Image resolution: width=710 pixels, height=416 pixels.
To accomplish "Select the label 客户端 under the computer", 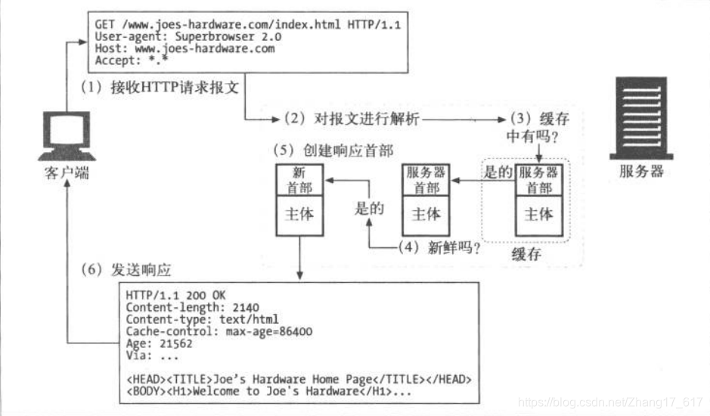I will click(x=67, y=172).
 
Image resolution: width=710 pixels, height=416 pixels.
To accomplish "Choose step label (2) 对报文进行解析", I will click(x=352, y=119).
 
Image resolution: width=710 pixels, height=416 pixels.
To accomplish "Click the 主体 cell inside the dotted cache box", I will click(x=538, y=214).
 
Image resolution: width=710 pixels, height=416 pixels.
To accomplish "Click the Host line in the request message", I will click(x=185, y=48).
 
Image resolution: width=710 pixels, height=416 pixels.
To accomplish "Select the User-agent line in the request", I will click(x=188, y=36).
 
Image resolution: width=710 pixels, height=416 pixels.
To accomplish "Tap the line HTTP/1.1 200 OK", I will click(x=175, y=294).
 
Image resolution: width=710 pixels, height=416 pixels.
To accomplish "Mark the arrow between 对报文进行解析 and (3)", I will click(x=464, y=120).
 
